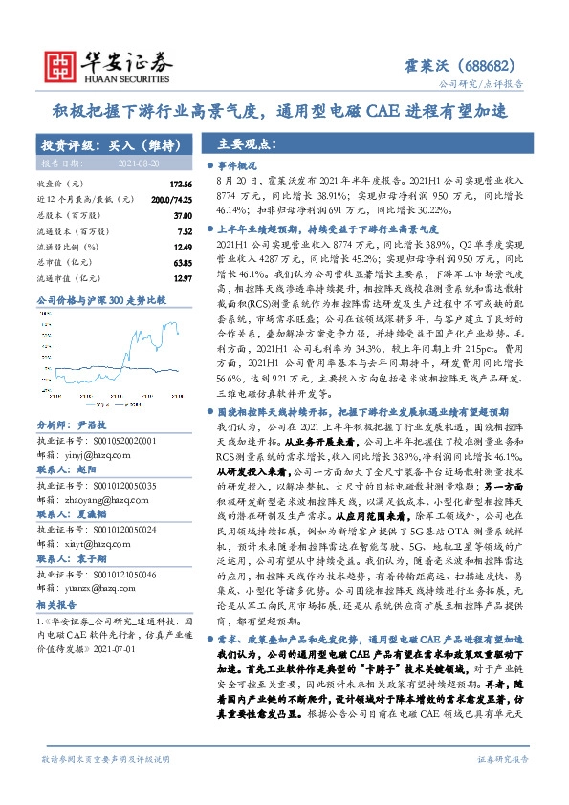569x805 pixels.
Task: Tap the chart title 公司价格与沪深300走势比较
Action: tap(100, 301)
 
